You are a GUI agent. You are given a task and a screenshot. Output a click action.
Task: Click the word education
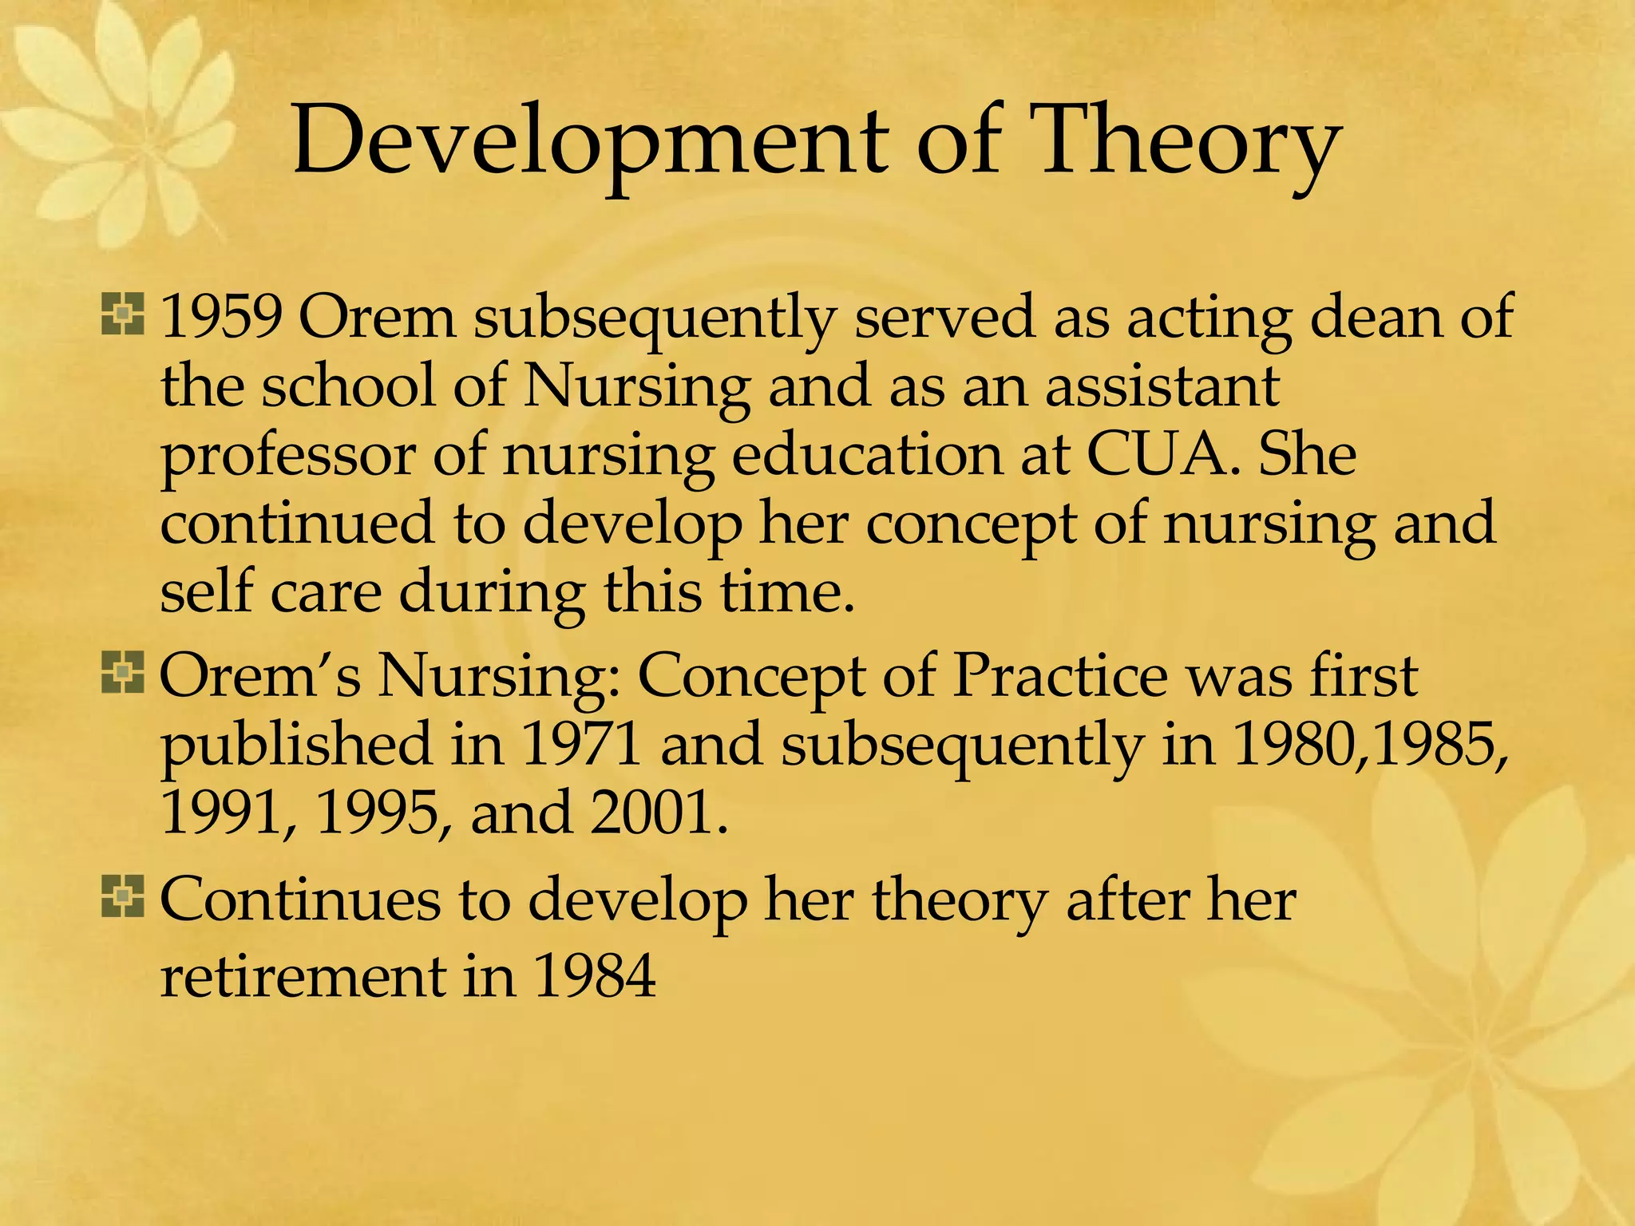coord(866,454)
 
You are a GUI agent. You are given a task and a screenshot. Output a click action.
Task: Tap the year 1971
coord(582,744)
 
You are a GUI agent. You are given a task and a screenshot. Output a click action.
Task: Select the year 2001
coord(659,813)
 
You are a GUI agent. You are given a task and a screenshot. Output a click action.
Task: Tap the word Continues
coord(300,900)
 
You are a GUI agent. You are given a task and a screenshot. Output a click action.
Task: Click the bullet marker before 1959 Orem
coord(122,314)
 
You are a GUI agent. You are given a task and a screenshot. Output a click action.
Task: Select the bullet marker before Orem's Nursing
coord(122,673)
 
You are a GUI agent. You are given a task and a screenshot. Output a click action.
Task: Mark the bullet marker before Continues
coord(122,896)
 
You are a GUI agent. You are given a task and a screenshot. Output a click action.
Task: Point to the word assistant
coord(1162,386)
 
